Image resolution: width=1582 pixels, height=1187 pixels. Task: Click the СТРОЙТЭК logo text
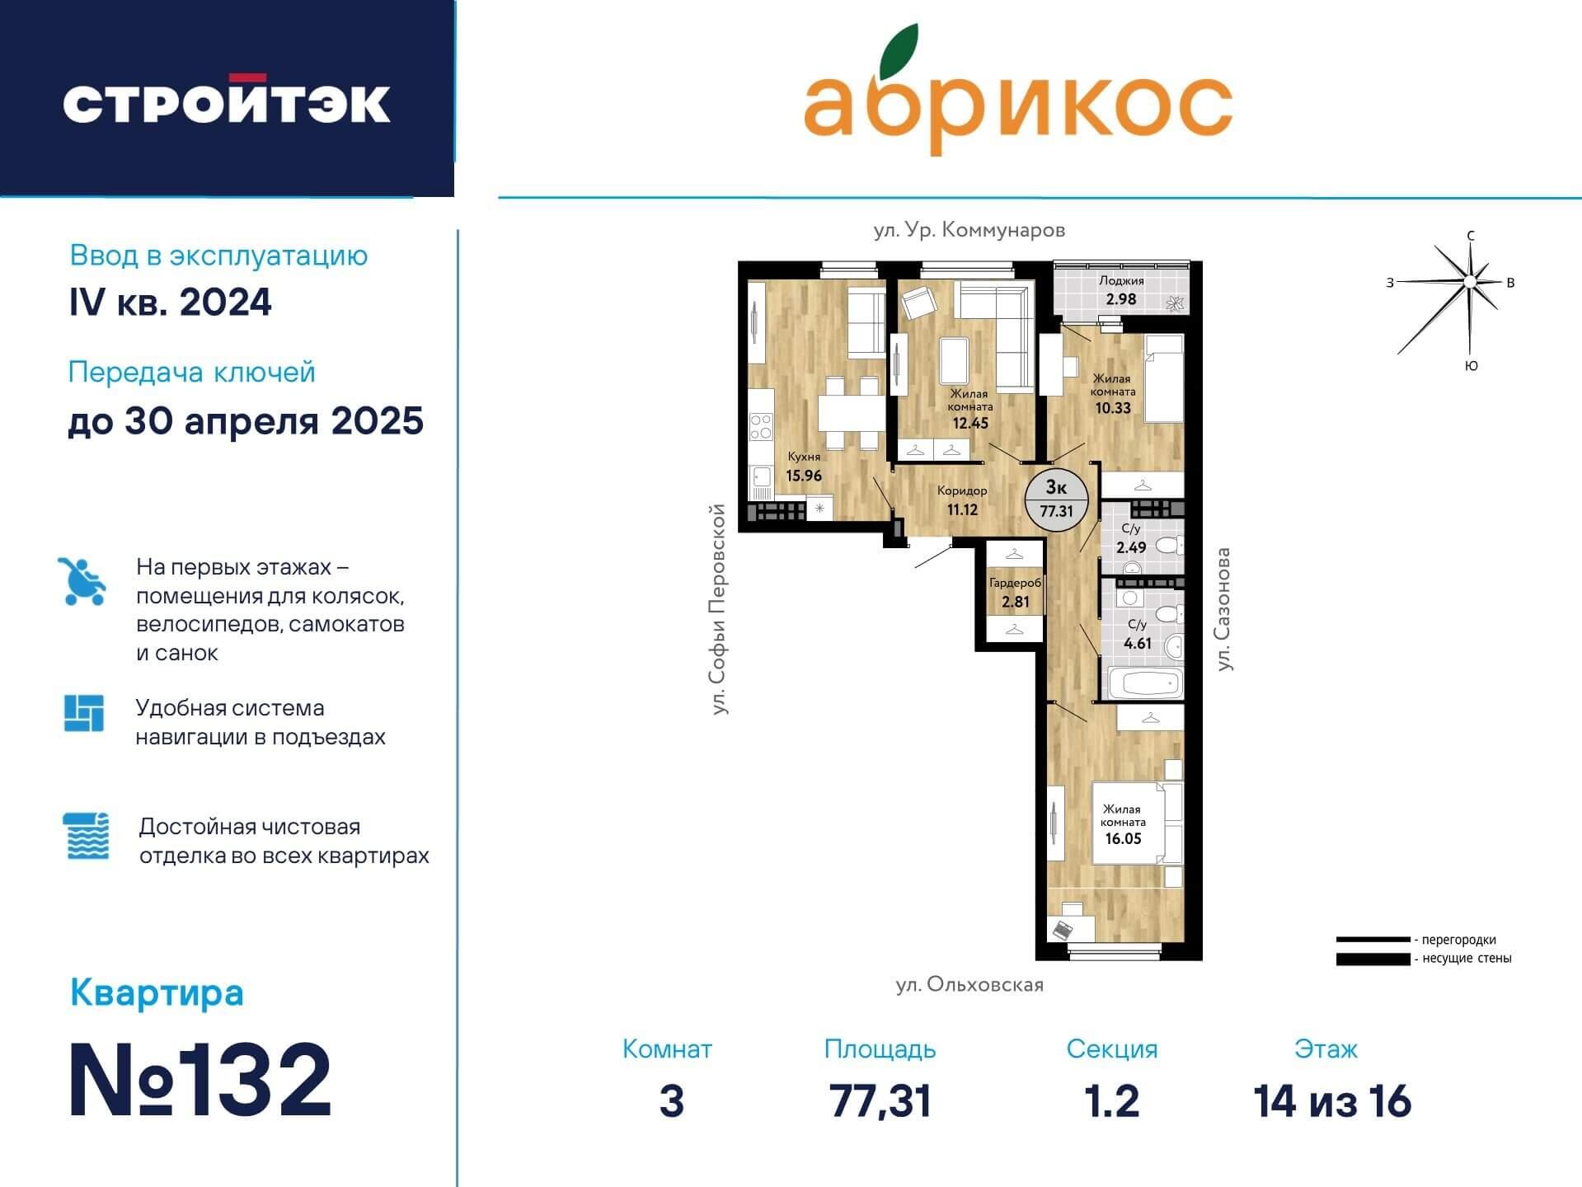[227, 101]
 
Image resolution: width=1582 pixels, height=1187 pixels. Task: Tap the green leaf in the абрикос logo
[899, 51]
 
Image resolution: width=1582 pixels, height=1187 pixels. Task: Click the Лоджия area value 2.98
[1120, 299]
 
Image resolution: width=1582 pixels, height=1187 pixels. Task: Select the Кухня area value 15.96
[803, 476]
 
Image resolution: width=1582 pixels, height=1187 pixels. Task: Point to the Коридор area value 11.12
[962, 509]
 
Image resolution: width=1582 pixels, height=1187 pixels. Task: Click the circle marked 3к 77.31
[1056, 500]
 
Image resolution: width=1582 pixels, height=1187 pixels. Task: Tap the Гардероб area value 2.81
[1015, 602]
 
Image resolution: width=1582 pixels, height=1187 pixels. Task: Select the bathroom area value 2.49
[1131, 547]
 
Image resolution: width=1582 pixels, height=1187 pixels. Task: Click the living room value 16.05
[1123, 838]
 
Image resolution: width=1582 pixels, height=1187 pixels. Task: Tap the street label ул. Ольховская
[969, 985]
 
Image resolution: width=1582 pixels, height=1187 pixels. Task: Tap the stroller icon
[82, 581]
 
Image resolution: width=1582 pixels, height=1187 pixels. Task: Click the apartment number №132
[200, 1080]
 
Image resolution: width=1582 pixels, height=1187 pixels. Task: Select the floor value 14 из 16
[1332, 1101]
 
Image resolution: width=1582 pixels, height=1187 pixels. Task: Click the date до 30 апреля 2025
[246, 421]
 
